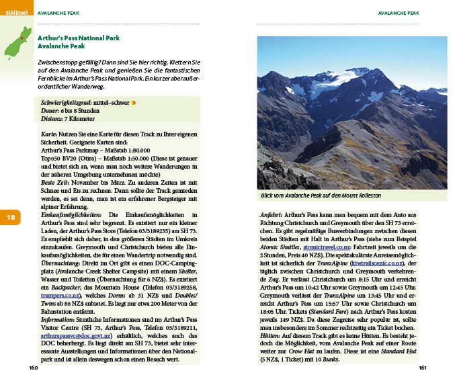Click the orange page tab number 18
click(x=11, y=217)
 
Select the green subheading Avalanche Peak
click(x=61, y=47)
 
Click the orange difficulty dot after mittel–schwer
click(x=133, y=103)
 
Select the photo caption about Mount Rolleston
click(x=321, y=196)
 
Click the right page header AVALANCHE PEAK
click(x=399, y=12)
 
